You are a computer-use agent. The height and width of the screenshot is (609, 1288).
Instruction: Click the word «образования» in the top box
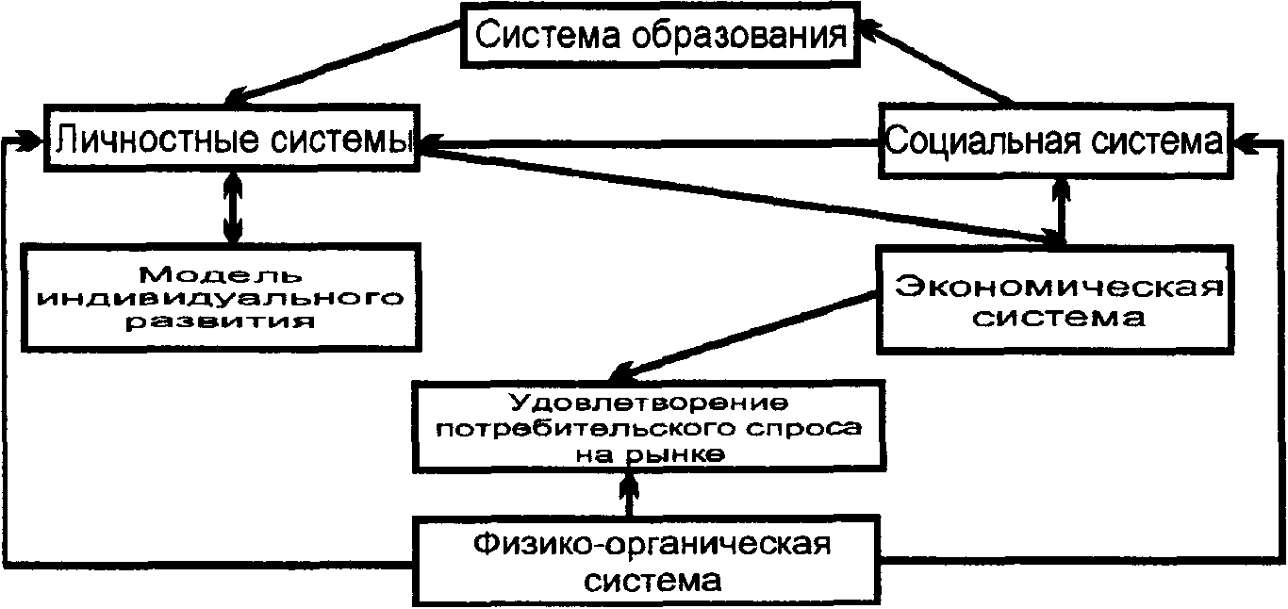(x=737, y=37)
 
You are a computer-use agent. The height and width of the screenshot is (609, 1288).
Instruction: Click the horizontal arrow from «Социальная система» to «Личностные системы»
(x=651, y=144)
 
